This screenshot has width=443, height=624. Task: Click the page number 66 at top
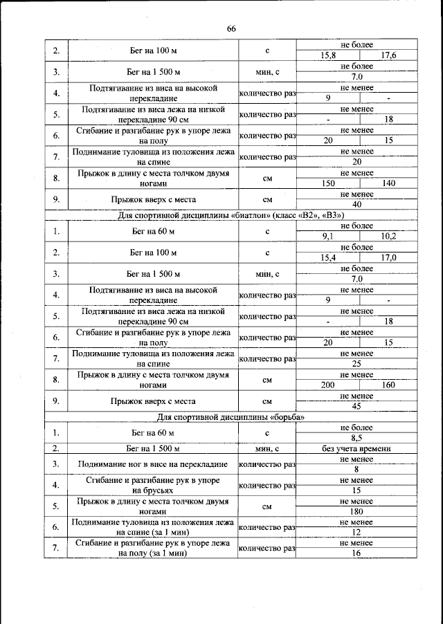231,28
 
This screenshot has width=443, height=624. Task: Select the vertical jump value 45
356,406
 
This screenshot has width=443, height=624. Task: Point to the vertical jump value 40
356,205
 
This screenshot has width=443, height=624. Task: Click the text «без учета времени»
356,449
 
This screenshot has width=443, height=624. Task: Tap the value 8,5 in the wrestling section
356,438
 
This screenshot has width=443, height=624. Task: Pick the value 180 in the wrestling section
356,512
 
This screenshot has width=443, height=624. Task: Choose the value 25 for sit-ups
356,363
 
